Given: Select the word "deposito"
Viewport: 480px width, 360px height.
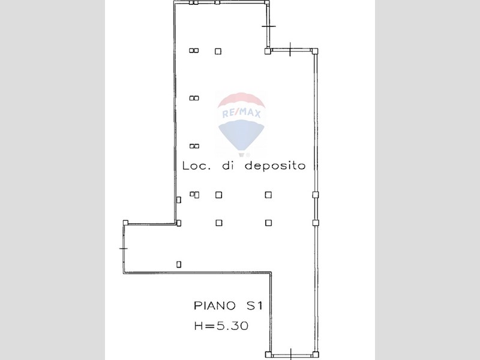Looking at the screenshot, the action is coord(275,166).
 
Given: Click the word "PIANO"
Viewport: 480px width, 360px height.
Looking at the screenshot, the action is coord(215,305).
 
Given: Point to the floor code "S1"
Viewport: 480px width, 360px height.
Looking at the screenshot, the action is coord(254,305).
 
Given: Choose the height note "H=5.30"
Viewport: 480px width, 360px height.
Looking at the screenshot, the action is coord(221,326).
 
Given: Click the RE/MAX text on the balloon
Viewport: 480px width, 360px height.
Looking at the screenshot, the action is coord(241,114).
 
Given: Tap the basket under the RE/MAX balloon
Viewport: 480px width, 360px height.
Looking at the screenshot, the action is coord(241,155).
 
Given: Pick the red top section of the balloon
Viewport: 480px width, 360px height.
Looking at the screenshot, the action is coord(241,101).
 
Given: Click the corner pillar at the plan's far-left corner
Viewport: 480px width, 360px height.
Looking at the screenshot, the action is coord(125,223).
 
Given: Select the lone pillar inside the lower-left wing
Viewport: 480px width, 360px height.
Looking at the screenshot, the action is coord(179,264).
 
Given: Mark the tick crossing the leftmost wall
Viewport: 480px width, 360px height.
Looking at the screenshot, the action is coord(124,248).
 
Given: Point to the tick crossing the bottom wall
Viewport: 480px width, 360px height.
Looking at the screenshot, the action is coord(291,354).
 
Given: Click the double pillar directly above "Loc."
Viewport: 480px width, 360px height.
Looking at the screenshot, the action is coord(194,146).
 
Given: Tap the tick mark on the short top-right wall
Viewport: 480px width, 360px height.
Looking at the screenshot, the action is coord(269,26).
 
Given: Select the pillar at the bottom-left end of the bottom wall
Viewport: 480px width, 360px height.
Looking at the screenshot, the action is coord(268,355).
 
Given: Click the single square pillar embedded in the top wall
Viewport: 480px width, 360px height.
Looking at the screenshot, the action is coord(217,2).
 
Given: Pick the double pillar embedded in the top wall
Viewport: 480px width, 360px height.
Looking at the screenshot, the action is coord(193,2).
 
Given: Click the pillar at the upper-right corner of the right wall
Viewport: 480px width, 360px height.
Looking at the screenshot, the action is coord(315,51).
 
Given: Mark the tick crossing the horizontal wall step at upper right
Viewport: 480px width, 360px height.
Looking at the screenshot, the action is coord(290,49).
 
